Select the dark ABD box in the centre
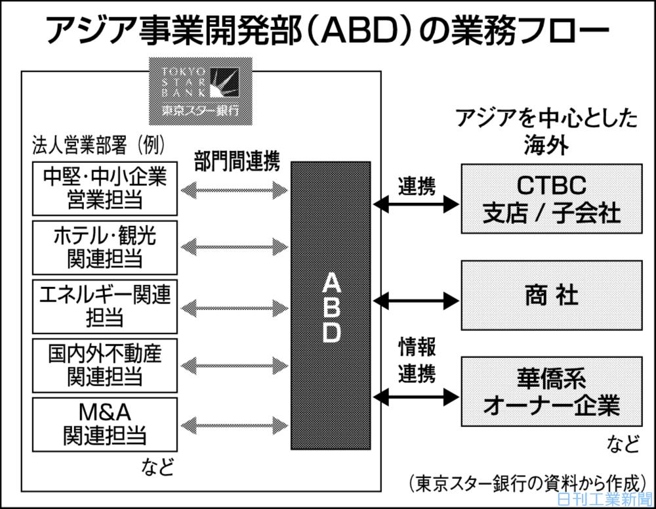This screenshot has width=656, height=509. tap(331, 305)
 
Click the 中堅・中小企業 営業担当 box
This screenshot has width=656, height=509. tap(105, 188)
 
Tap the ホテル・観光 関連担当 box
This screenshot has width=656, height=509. tap(105, 247)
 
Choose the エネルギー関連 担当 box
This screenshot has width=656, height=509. tap(105, 305)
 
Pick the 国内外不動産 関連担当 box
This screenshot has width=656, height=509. tap(105, 364)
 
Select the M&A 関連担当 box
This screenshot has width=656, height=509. tap(105, 424)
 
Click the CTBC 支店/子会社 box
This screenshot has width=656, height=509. tap(552, 199)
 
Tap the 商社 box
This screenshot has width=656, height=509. tap(552, 295)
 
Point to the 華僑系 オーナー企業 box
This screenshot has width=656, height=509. tap(552, 392)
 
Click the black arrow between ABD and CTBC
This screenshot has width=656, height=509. tap(415, 205)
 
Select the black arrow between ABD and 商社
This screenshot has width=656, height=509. tap(415, 301)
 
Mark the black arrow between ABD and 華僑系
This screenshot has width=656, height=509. tap(415, 397)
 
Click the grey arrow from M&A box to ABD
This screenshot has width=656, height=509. tap(234, 424)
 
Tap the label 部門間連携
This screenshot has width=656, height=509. tap(237, 162)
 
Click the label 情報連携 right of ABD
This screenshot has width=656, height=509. tap(417, 360)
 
